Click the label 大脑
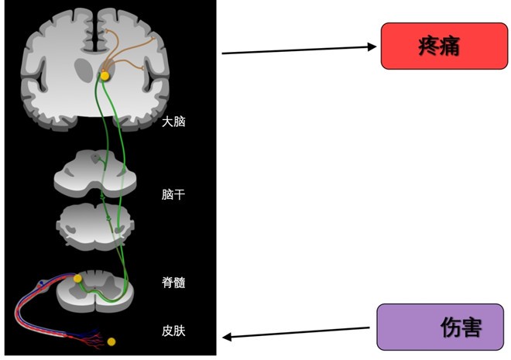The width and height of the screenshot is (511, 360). (x=174, y=122)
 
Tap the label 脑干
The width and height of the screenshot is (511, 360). (x=174, y=194)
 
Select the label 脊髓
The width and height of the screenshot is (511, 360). (x=174, y=283)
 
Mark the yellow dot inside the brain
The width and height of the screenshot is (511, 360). (x=105, y=75)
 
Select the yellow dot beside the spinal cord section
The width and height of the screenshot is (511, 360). (x=77, y=278)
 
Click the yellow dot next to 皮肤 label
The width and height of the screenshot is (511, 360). (x=111, y=341)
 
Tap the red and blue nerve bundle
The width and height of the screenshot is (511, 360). (x=31, y=306)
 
